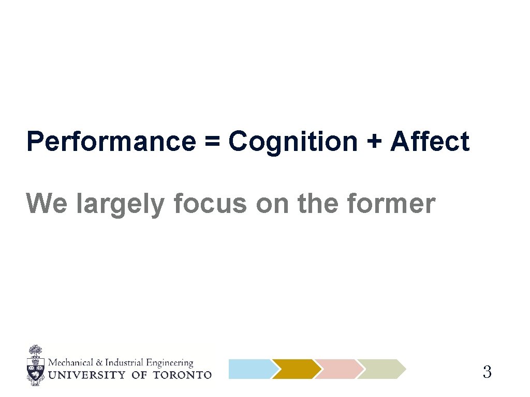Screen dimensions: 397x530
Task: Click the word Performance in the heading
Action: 110,142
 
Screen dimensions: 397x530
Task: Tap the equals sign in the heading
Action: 211,142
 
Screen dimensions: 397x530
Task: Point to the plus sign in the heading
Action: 373,142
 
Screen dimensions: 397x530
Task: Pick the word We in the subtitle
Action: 47,204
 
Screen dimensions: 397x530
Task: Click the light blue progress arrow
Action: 251,369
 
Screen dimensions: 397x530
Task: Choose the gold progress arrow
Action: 296,369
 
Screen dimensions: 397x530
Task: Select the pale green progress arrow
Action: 382,369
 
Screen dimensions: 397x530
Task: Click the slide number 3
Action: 487,372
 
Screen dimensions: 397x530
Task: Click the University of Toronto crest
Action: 35,365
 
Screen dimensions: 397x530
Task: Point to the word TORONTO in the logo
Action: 182,375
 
